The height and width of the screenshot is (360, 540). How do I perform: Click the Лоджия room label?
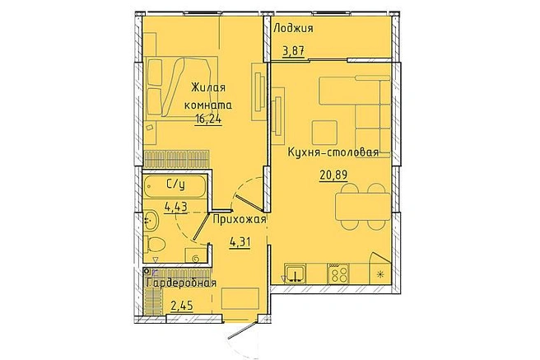[293, 29]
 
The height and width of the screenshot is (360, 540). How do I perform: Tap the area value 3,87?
[293, 52]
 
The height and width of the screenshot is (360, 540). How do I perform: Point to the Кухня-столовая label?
[333, 152]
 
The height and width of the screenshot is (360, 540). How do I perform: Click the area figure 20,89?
[333, 175]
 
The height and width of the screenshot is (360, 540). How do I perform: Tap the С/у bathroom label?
[175, 185]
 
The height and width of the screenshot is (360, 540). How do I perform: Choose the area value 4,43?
[175, 207]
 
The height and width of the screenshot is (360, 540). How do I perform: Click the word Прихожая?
[240, 219]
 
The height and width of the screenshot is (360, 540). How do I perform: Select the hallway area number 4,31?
[240, 242]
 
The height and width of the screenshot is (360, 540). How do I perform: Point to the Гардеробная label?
[181, 283]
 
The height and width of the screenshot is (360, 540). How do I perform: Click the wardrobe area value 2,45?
[182, 306]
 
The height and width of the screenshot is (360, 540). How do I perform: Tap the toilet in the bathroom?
[154, 244]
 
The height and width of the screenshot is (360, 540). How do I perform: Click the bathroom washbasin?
[151, 220]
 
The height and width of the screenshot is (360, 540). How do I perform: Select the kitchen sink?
[296, 274]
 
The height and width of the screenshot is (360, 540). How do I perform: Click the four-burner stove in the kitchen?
[338, 274]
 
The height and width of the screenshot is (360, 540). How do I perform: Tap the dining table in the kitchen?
[363, 206]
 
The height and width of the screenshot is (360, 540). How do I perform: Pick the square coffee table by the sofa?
[324, 133]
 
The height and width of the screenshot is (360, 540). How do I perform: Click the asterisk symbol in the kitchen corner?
[380, 274]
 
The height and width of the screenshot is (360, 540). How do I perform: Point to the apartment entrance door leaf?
[242, 330]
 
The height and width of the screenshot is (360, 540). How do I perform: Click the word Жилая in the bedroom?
[208, 87]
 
